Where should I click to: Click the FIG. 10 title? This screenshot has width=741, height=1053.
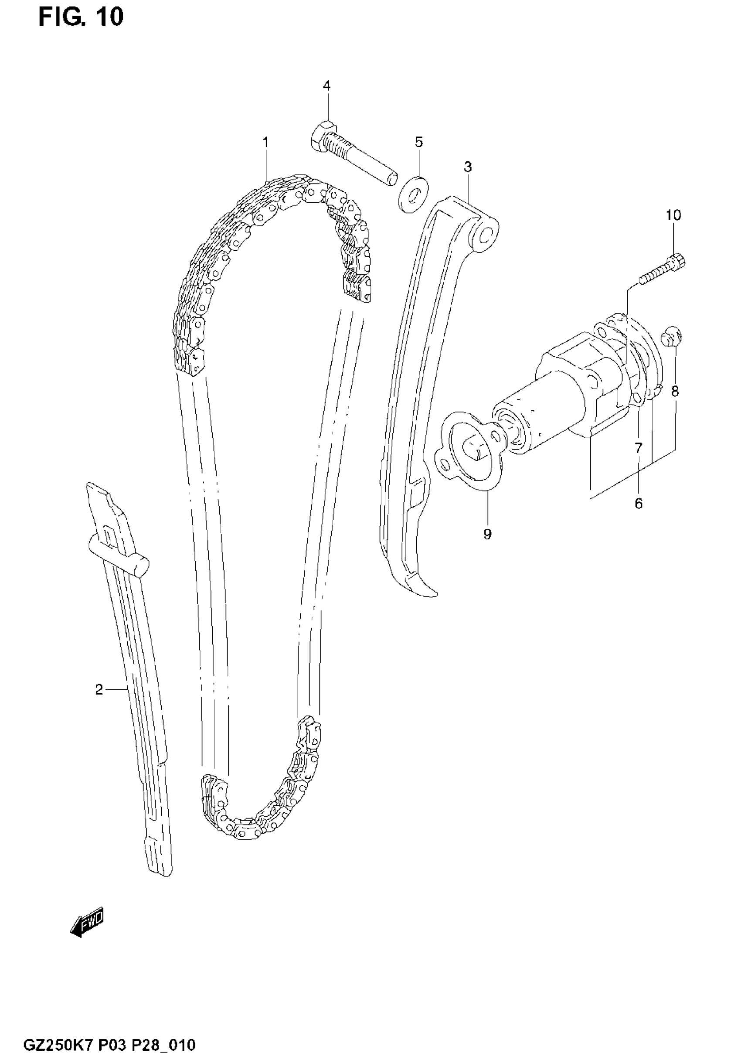coord(81,17)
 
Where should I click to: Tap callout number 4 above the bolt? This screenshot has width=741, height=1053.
coord(326,86)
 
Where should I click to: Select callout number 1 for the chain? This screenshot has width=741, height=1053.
coord(265,142)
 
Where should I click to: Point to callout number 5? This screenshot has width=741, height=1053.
coord(418,142)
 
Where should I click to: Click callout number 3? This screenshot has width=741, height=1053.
coord(467,167)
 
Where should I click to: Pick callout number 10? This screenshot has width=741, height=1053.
coord(673,215)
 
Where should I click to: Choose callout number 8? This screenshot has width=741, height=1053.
coord(675,391)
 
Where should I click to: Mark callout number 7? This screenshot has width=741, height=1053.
coord(639,448)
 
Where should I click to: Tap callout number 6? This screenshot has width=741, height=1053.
coord(639,504)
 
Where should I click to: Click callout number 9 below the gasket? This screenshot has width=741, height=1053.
coord(487,534)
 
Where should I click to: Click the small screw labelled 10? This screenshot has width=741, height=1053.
coord(662,272)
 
